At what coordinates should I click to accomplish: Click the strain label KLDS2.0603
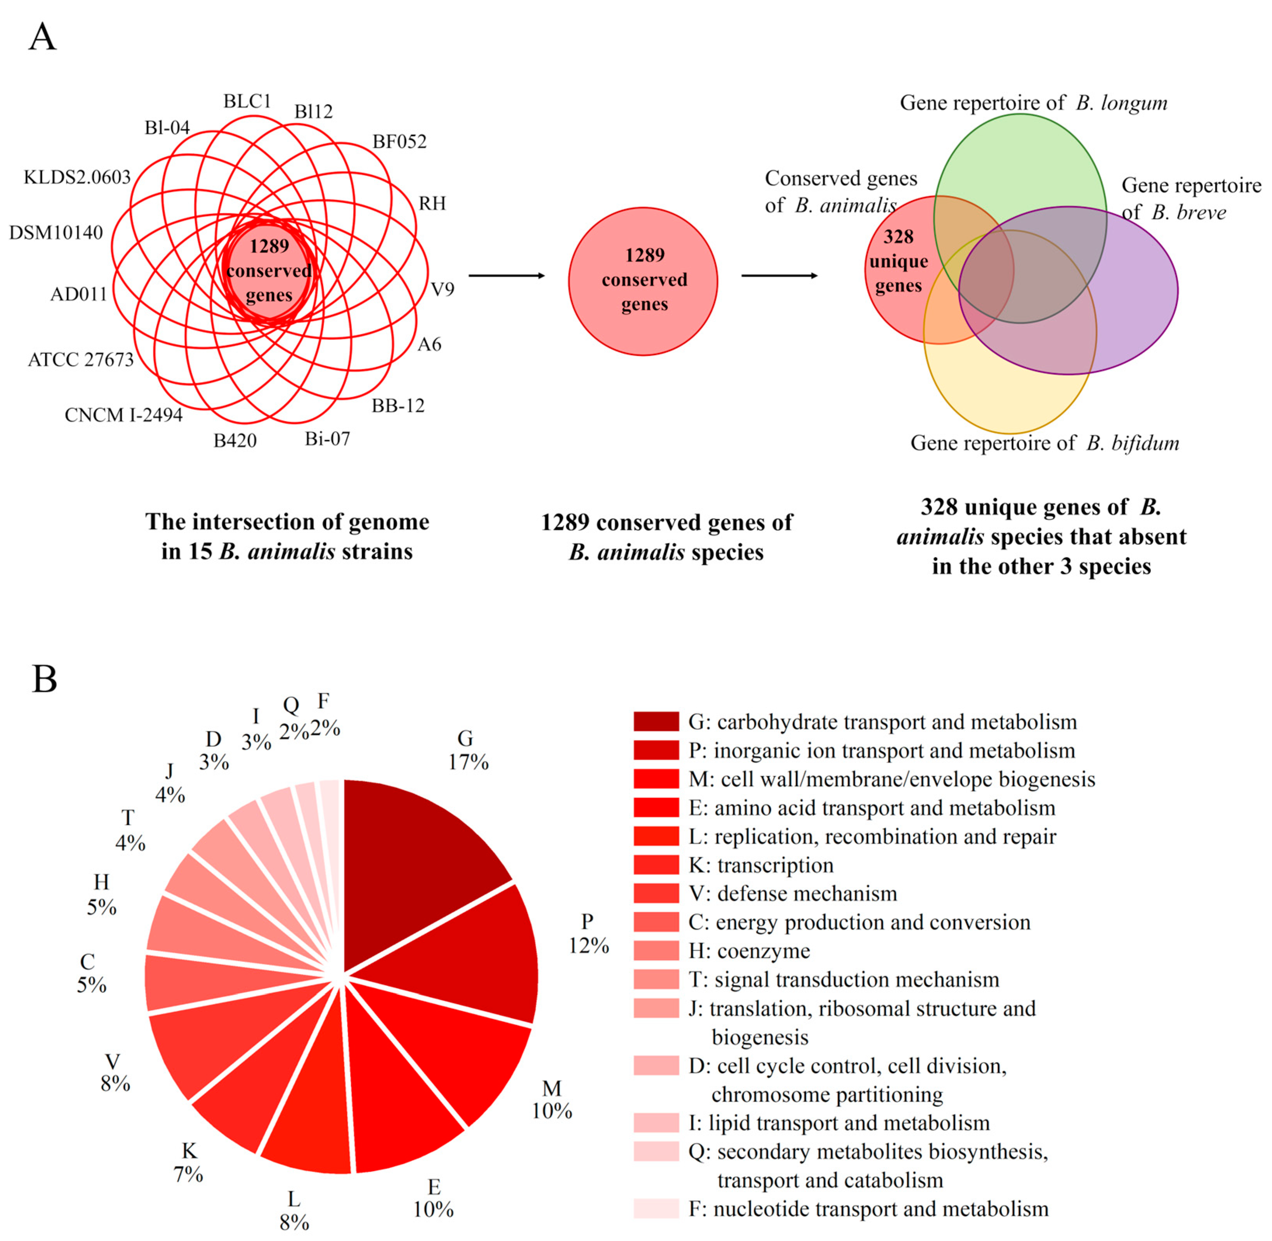77,177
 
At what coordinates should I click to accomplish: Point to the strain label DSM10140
56,233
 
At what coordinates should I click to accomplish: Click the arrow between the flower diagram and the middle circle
506,276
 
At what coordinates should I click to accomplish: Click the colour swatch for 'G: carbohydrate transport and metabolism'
656,721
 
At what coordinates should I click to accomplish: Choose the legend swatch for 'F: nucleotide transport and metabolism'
656,1209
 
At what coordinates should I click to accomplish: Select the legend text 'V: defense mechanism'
792,893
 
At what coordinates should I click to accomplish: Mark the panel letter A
42,37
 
